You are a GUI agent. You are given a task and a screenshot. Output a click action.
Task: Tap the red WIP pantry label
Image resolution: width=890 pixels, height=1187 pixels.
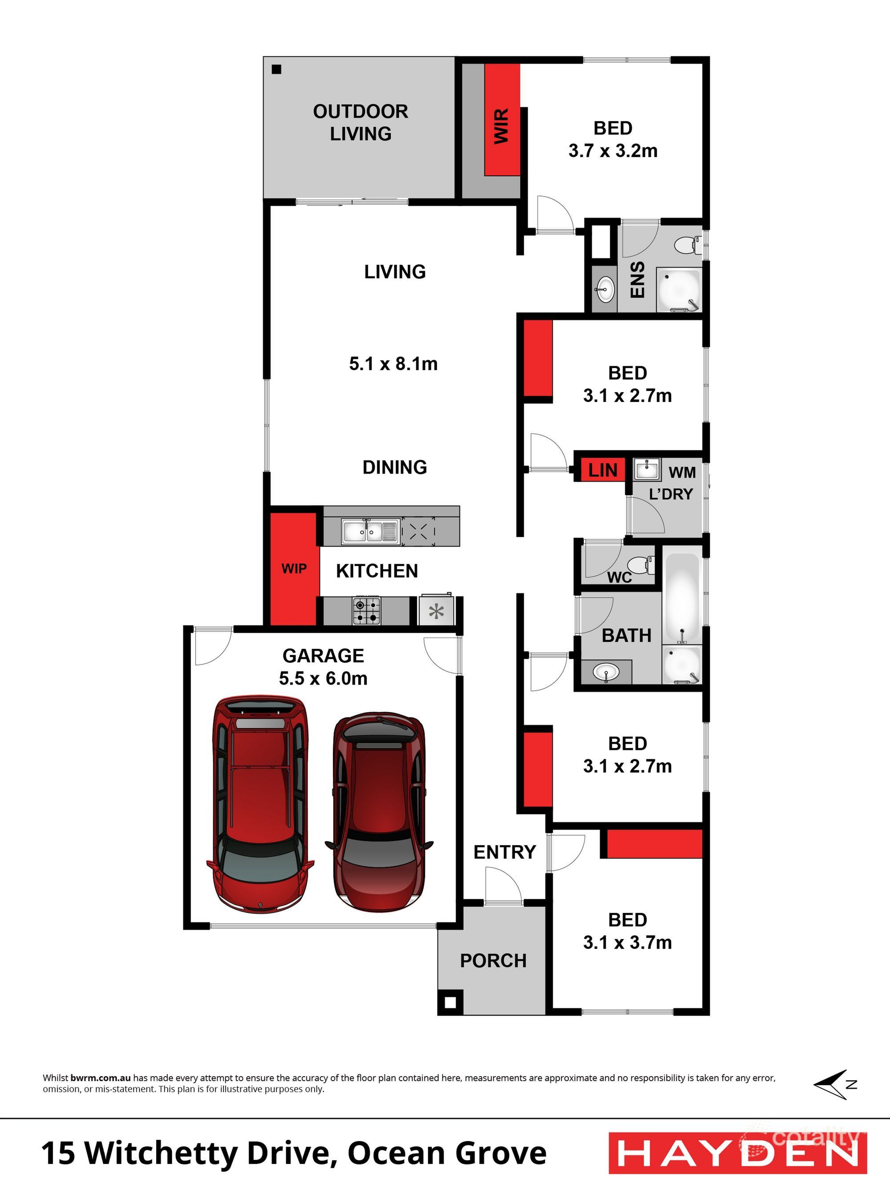[x=294, y=568]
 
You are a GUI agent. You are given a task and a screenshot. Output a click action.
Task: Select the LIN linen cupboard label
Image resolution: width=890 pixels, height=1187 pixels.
[x=603, y=470]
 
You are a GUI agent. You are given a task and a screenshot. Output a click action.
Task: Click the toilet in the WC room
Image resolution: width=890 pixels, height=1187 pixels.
[x=640, y=564]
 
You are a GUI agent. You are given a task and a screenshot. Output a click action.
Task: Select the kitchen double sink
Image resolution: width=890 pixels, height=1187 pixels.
[x=370, y=531]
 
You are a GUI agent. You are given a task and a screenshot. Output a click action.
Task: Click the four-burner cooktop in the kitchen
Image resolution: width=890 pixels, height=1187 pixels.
[x=366, y=611]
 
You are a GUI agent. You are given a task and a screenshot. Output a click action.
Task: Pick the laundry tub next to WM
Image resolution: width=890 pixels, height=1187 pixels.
[x=647, y=470]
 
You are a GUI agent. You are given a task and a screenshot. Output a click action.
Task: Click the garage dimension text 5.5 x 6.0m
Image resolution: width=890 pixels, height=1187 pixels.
[x=323, y=678]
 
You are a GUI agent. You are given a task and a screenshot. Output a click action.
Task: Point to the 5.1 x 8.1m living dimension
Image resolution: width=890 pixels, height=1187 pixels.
[x=393, y=364]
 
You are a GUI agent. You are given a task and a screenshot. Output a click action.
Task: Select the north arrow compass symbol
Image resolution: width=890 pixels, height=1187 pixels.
[x=835, y=1085]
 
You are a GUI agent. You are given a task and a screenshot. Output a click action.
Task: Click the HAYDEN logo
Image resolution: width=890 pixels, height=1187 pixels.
[x=738, y=1153]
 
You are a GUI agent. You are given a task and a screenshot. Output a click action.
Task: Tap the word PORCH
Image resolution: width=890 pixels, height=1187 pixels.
[x=493, y=960]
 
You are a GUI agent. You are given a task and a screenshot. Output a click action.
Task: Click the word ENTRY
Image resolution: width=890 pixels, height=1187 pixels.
[x=504, y=851]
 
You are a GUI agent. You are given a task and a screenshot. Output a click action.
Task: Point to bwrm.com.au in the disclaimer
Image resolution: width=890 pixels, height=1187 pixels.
[x=100, y=1078]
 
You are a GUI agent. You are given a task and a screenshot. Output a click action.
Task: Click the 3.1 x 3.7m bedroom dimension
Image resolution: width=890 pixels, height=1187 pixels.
[x=627, y=942]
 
